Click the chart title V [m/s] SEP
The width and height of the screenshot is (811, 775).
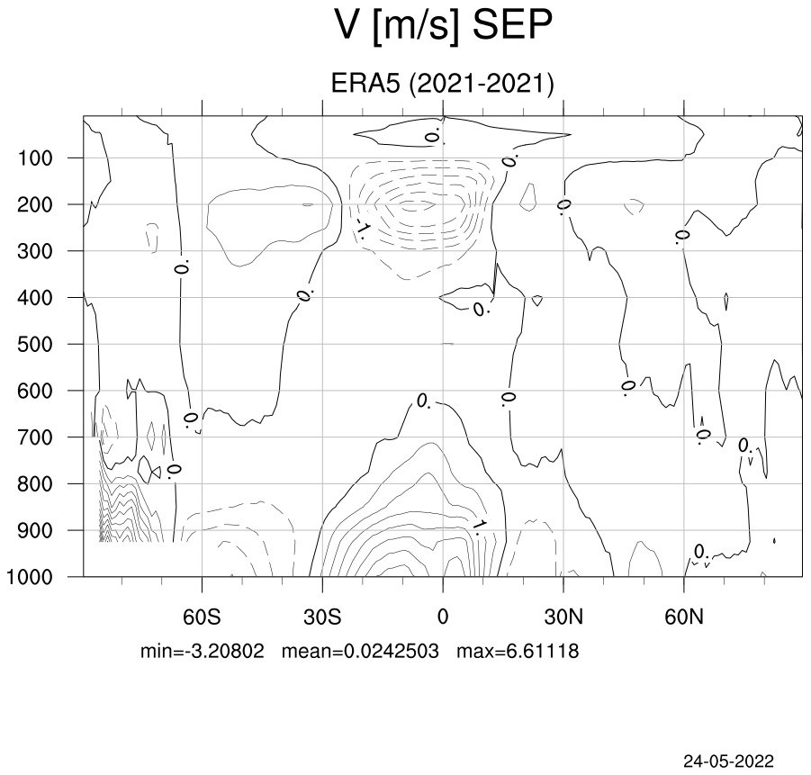[x=443, y=25]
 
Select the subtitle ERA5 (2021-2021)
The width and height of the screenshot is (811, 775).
[x=442, y=84]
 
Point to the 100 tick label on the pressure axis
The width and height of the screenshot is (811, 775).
[x=35, y=158]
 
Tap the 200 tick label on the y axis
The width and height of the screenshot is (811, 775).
[x=35, y=205]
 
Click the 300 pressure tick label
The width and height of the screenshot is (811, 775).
[x=35, y=251]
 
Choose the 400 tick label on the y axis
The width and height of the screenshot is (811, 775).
[x=35, y=298]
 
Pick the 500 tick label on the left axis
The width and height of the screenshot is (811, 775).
[x=35, y=345]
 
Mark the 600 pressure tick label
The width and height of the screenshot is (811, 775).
[x=35, y=392]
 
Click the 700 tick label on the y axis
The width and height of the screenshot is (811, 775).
[x=35, y=437]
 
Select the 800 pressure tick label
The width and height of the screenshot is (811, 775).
[x=35, y=484]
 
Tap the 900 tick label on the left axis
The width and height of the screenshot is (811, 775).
[x=35, y=531]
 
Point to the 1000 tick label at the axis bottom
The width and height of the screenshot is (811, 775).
[x=30, y=577]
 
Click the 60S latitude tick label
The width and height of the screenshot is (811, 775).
[x=202, y=617]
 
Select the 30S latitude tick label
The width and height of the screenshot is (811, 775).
[x=322, y=617]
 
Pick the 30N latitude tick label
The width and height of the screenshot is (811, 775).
[x=563, y=617]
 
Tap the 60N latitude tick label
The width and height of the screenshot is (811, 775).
[x=684, y=617]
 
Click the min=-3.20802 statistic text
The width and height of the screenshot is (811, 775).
[x=203, y=651]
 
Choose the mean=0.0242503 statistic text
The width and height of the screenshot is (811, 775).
[x=360, y=651]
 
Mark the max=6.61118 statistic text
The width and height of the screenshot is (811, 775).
[x=518, y=651]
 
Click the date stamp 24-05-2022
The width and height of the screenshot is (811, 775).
[x=729, y=761]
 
